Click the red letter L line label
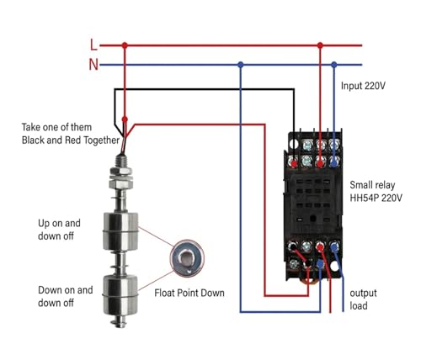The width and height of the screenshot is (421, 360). tap(93, 45)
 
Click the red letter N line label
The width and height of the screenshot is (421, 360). tap(93, 65)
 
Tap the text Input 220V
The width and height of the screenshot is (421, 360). tap(363, 86)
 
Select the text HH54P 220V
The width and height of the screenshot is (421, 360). tap(376, 198)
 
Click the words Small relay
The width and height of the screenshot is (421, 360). tap(372, 185)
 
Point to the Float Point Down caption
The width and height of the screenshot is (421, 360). tap(189, 293)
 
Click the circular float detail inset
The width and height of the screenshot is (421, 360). tap(187, 258)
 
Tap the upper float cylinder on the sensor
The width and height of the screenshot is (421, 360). tap(120, 231)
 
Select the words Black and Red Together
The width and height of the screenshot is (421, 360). tap(71, 140)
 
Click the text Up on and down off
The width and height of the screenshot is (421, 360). tap(59, 230)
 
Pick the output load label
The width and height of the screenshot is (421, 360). tap(363, 299)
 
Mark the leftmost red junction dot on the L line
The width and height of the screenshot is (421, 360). tap(125, 45)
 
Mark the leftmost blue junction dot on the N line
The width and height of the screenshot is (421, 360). tap(240, 65)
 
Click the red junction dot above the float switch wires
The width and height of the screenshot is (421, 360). tap(125, 119)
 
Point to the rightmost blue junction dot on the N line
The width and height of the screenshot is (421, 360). tap(333, 65)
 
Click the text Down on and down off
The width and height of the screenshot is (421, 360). tap(66, 296)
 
